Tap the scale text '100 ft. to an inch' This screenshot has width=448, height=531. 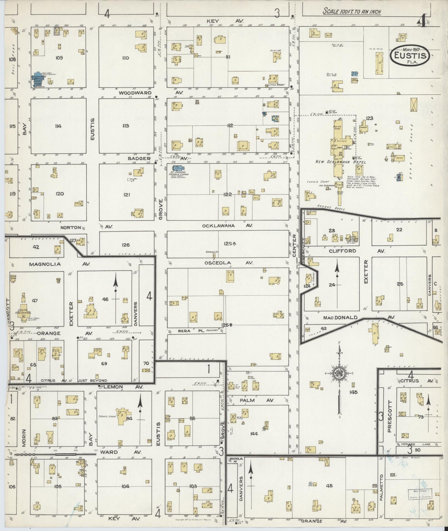click(352, 12)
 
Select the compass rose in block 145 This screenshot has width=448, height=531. click(340, 373)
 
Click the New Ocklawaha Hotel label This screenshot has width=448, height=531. click(341, 162)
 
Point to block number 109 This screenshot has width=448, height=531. click(59, 58)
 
